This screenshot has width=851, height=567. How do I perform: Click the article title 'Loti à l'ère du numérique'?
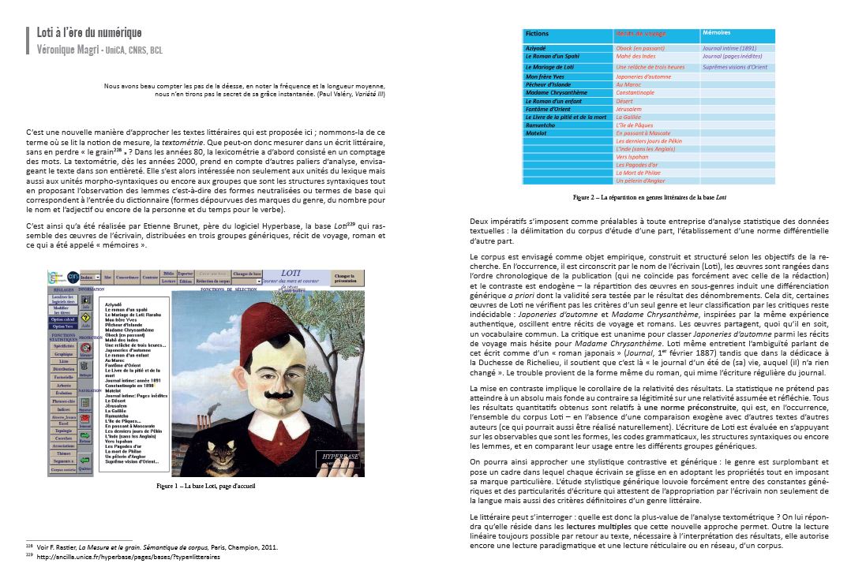89,33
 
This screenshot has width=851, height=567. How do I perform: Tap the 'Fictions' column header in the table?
538,34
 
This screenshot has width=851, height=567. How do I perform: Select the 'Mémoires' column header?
716,33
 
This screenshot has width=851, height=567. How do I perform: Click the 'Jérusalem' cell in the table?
631,109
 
